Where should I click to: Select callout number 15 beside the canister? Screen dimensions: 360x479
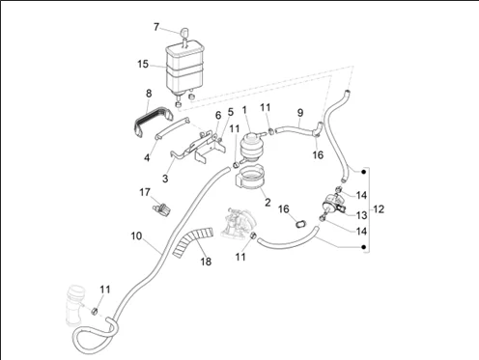[x=143, y=65]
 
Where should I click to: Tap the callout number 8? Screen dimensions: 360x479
[x=149, y=94]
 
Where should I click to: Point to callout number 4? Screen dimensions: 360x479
[x=147, y=157]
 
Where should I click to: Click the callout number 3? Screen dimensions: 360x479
[x=165, y=179]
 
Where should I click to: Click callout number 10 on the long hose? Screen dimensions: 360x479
[x=135, y=235]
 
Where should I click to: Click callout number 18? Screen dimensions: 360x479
[x=205, y=261]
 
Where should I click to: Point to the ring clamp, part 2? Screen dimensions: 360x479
[x=252, y=181]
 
